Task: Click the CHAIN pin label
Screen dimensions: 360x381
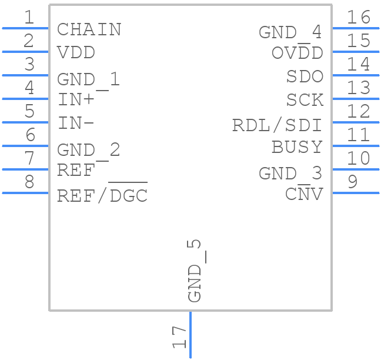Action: click(x=89, y=29)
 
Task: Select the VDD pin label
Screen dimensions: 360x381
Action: click(x=76, y=53)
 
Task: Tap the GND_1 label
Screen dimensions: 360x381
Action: click(x=88, y=79)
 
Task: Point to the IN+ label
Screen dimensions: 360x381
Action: click(x=76, y=100)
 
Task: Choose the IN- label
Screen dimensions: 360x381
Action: click(x=76, y=124)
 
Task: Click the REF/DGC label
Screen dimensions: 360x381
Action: click(x=102, y=196)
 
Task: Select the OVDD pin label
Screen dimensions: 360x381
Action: click(x=297, y=53)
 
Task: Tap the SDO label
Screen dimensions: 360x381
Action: click(x=305, y=76)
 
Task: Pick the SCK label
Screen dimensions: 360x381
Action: click(x=305, y=100)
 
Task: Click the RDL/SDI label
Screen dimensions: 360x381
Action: click(x=277, y=125)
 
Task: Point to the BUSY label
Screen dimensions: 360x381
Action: click(x=297, y=147)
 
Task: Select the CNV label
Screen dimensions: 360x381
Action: click(x=304, y=194)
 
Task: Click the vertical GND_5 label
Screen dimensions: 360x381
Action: click(x=196, y=271)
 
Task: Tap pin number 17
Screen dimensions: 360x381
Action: click(x=179, y=337)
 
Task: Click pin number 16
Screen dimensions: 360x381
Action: click(x=358, y=18)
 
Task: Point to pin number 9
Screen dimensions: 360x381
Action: click(x=352, y=182)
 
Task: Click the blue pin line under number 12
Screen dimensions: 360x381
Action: click(x=356, y=122)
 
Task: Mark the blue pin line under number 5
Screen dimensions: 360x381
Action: click(x=25, y=122)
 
